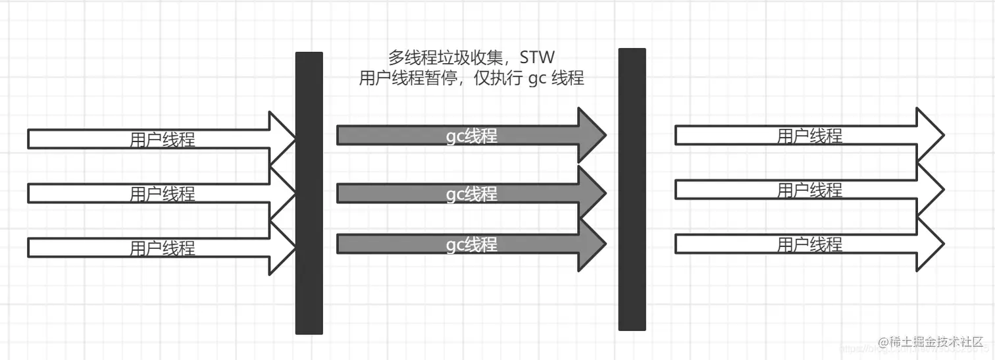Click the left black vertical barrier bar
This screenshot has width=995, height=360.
point(309,193)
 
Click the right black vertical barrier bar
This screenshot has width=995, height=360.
point(632,190)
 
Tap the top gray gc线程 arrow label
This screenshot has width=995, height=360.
point(472,136)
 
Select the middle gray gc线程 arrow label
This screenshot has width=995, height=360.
point(472,194)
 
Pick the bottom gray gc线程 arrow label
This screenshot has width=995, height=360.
point(472,245)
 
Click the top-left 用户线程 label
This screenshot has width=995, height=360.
point(163,140)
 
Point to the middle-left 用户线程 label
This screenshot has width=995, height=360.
point(163,194)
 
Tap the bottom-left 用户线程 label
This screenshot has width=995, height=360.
point(163,248)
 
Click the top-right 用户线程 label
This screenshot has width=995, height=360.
point(809,136)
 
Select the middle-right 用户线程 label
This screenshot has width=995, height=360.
point(809,191)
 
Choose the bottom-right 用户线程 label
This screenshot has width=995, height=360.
point(809,245)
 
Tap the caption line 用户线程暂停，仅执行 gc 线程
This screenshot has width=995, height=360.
point(471,78)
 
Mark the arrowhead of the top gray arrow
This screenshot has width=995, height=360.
point(591,136)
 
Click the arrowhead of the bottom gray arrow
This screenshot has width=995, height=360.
point(591,244)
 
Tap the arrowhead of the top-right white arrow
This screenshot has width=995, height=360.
point(929,136)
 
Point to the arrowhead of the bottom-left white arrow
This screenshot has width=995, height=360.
point(282,247)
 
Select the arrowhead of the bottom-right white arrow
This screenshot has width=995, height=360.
point(929,244)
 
